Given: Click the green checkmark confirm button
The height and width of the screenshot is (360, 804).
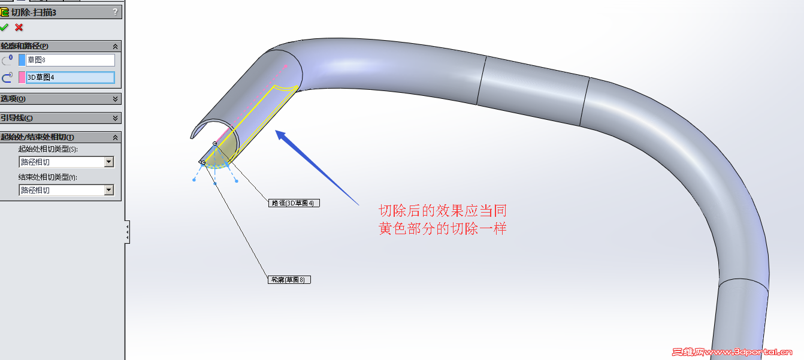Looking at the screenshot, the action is click(x=4, y=27).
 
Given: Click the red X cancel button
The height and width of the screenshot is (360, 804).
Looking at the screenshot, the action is click(x=19, y=28).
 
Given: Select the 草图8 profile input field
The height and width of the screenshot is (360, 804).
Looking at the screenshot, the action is click(x=70, y=60).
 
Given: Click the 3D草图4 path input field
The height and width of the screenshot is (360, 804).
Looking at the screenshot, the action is click(x=70, y=77).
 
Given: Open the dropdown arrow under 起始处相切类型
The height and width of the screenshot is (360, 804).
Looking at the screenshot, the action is click(x=109, y=162).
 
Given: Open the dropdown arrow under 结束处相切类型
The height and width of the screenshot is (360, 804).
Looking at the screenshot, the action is click(x=109, y=190).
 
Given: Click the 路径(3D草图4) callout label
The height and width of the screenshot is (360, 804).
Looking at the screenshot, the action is click(x=294, y=203).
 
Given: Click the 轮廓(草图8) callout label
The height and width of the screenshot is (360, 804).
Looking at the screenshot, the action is click(x=289, y=280).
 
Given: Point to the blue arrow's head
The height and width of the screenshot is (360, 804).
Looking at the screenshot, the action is click(x=276, y=131).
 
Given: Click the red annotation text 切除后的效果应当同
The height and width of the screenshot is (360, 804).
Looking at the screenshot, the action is click(x=443, y=211).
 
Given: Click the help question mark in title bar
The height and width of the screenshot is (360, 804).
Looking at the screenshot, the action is click(x=115, y=12).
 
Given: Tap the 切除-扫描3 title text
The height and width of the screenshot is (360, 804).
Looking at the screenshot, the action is click(x=34, y=13).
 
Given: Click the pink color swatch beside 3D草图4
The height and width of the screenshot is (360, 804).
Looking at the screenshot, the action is click(x=22, y=77).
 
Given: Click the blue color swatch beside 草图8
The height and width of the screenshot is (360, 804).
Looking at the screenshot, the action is click(x=22, y=60).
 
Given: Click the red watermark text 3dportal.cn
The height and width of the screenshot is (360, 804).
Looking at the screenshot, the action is click(x=763, y=352).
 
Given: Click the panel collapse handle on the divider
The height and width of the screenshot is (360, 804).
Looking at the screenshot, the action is click(x=127, y=232).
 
